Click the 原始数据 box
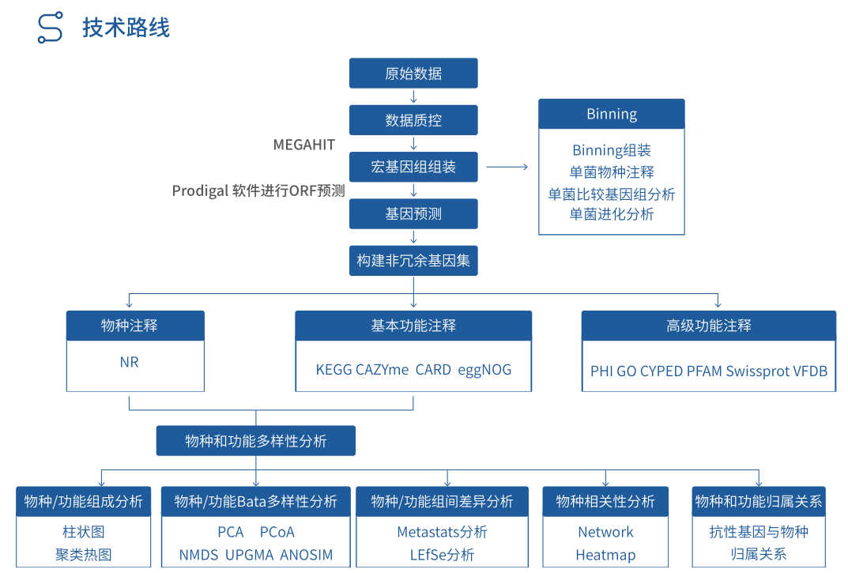click(x=413, y=74)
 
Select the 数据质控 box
click(x=413, y=120)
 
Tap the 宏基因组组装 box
click(x=413, y=167)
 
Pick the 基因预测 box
click(x=413, y=213)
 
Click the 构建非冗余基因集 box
click(x=413, y=260)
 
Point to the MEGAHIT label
click(x=304, y=145)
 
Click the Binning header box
click(x=612, y=114)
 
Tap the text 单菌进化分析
click(x=612, y=214)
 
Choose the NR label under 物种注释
click(x=129, y=363)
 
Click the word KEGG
click(x=334, y=369)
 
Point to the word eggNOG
click(x=484, y=369)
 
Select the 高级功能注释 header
click(x=708, y=325)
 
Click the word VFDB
click(x=811, y=371)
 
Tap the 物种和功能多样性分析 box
click(x=255, y=441)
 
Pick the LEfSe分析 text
click(x=442, y=555)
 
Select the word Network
click(x=605, y=532)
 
